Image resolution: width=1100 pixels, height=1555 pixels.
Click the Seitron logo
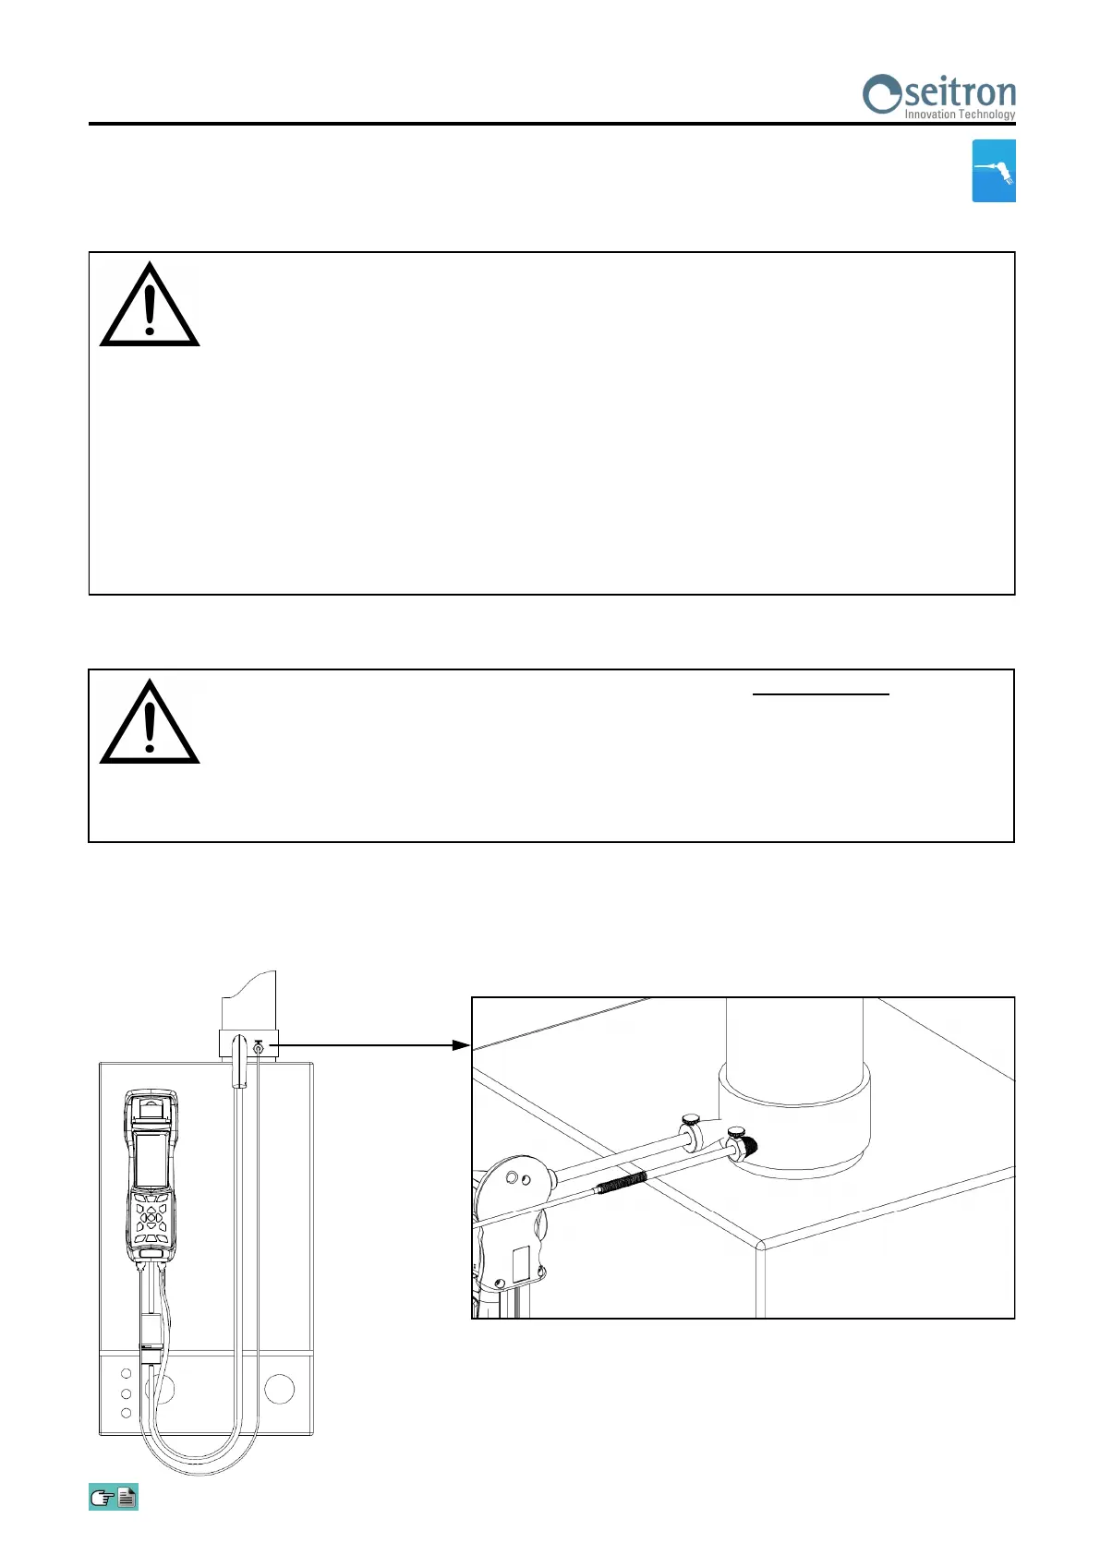tap(938, 95)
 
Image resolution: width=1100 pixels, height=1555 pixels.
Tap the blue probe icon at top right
tap(994, 171)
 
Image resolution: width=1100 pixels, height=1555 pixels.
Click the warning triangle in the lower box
tap(150, 724)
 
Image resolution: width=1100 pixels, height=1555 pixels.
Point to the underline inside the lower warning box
tap(821, 693)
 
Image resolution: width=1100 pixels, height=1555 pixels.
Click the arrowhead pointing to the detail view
tap(461, 1045)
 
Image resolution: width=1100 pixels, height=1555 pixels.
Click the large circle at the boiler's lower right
tap(279, 1389)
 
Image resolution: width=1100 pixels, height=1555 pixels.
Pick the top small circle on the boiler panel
tap(127, 1374)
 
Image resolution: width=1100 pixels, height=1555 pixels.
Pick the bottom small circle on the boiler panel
tap(127, 1413)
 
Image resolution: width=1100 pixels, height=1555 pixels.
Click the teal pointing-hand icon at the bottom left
tap(102, 1497)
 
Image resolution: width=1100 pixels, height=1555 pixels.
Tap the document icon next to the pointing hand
tap(127, 1497)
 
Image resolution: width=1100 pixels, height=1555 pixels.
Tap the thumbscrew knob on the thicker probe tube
tap(690, 1120)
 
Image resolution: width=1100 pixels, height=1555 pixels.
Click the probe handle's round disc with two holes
tap(516, 1179)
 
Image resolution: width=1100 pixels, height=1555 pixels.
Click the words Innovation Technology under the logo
tap(959, 115)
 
